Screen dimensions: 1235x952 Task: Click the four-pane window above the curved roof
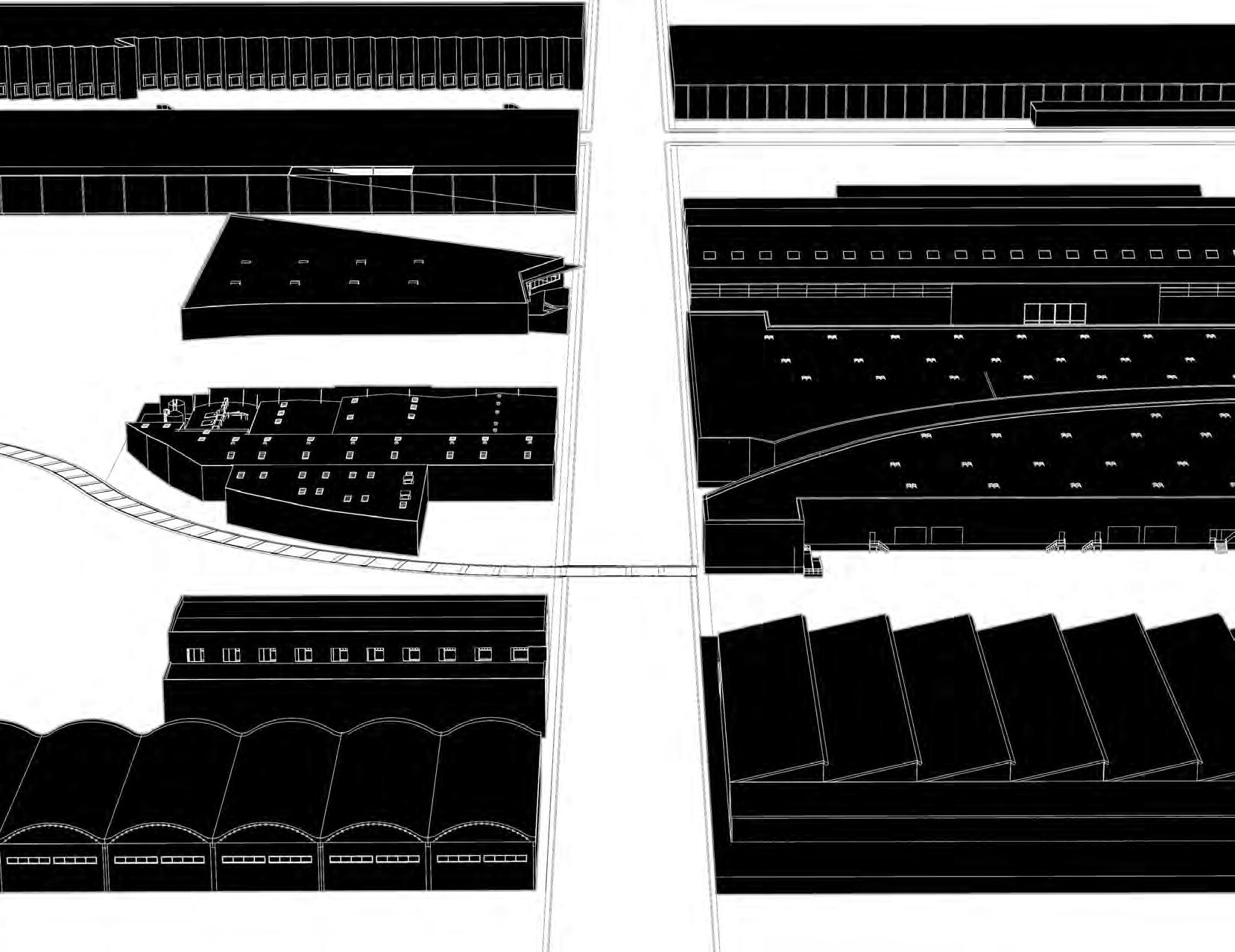tap(1054, 312)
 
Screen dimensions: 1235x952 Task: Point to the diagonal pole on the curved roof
tap(991, 385)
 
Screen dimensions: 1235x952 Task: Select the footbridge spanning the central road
tap(626, 571)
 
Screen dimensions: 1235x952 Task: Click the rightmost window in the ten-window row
tap(519, 655)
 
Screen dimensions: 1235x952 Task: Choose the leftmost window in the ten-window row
tap(195, 655)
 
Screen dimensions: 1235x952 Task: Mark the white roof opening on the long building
tap(350, 171)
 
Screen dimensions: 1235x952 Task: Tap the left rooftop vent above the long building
tap(163, 107)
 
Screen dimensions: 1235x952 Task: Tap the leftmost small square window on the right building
tap(709, 255)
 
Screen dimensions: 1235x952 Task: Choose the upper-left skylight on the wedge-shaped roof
tap(245, 261)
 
